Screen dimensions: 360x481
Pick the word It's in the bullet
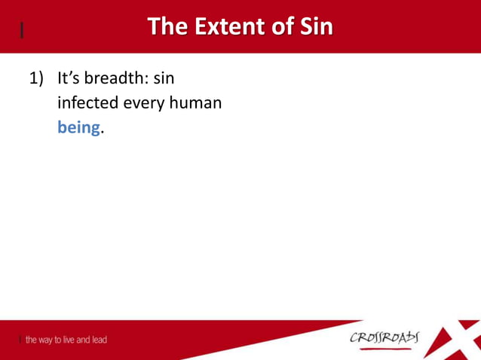(72, 78)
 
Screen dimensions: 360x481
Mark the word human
(199, 103)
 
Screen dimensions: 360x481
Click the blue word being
(79, 128)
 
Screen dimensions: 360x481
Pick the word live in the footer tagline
(73, 340)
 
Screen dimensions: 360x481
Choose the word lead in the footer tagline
(97, 340)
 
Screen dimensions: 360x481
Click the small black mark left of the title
(22, 30)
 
